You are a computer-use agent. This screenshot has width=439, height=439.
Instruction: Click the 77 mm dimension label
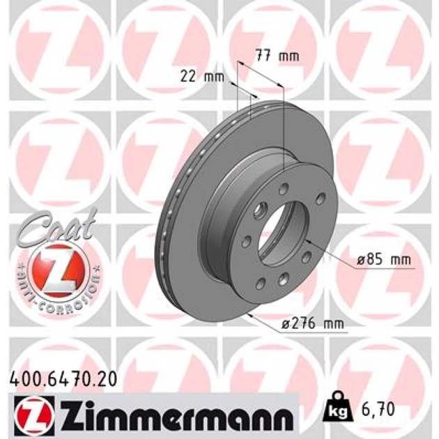277,56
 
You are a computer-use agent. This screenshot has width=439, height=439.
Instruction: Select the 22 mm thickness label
202,76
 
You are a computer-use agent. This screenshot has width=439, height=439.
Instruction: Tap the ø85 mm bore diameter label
384,260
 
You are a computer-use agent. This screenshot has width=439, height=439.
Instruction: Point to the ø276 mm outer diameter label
313,324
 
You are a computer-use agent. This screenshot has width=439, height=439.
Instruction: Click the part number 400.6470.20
63,380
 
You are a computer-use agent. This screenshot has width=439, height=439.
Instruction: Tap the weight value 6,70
378,409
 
